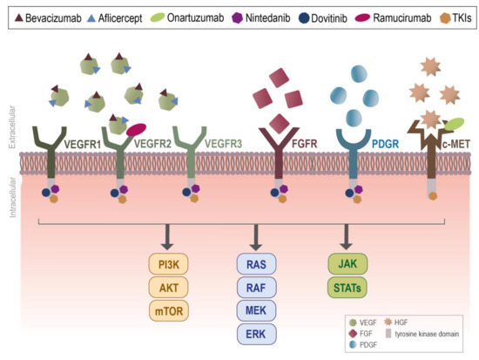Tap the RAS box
256,261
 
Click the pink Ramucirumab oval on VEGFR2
136,129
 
